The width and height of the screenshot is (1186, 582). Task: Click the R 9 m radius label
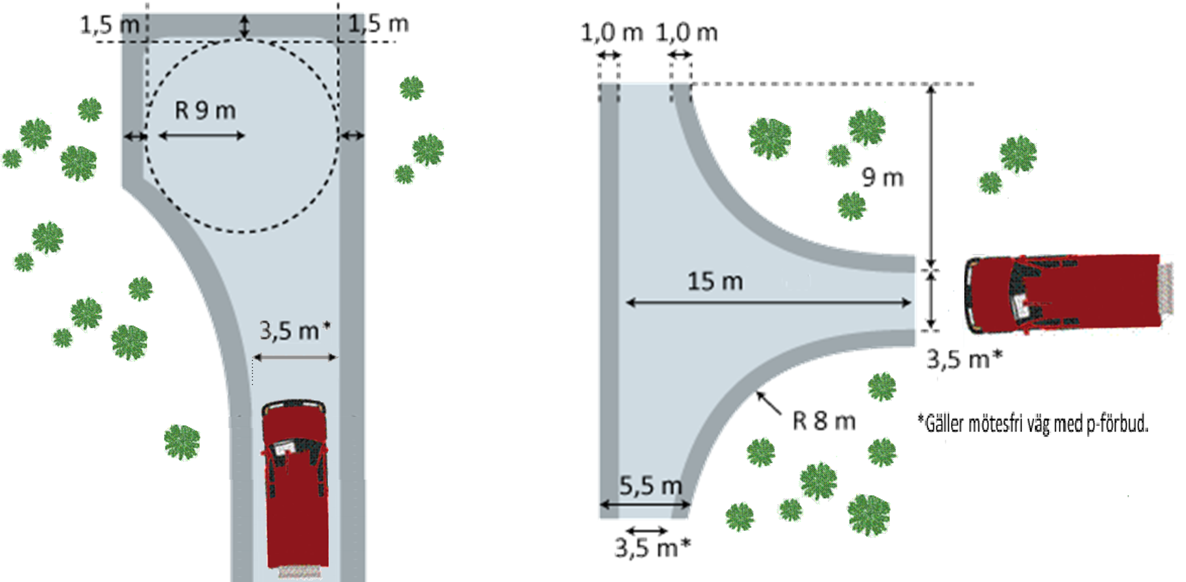[205, 111]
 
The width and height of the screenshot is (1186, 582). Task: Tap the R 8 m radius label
[824, 421]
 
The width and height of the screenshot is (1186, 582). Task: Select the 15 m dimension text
[715, 281]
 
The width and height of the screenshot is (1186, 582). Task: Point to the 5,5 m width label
[651, 486]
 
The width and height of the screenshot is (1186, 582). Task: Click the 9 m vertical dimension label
[883, 177]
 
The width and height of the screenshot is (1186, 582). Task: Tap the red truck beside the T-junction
[1068, 293]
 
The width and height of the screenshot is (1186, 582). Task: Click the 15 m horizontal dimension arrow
[768, 303]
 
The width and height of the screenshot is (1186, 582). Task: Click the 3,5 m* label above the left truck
[295, 330]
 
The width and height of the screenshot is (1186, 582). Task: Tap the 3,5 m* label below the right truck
[964, 359]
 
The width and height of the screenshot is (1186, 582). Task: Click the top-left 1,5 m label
[109, 25]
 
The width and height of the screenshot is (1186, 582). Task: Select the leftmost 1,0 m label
[612, 33]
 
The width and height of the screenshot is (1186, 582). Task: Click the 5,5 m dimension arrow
[645, 505]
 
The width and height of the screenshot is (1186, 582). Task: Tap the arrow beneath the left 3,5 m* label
[295, 357]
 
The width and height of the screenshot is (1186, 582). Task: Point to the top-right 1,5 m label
[378, 23]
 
